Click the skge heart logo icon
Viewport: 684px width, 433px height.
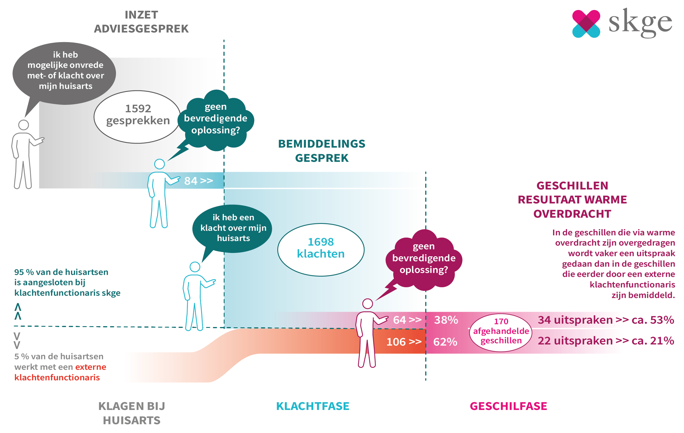pyautogui.click(x=586, y=24)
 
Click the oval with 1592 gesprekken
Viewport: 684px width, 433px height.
pyautogui.click(x=137, y=117)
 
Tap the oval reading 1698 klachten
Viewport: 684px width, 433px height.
pyautogui.click(x=321, y=250)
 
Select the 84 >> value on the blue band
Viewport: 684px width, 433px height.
pyautogui.click(x=198, y=181)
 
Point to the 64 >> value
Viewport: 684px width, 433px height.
pyautogui.click(x=407, y=320)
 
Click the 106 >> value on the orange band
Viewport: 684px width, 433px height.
pyautogui.click(x=404, y=342)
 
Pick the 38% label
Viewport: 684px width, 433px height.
pyautogui.click(x=446, y=320)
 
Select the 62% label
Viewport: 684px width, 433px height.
pyautogui.click(x=445, y=342)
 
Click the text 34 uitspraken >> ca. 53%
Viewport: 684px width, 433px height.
pyautogui.click(x=606, y=320)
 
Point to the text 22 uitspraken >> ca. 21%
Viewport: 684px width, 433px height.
pyautogui.click(x=606, y=341)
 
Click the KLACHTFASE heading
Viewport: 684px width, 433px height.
pyautogui.click(x=313, y=406)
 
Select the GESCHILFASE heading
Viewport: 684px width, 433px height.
pyautogui.click(x=508, y=406)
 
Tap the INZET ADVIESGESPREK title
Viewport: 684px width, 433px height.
pyautogui.click(x=141, y=22)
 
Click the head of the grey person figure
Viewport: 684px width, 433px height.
pyautogui.click(x=23, y=125)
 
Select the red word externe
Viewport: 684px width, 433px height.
pyautogui.click(x=91, y=367)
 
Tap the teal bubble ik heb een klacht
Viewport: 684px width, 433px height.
pyautogui.click(x=233, y=228)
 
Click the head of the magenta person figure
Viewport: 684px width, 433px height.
pyautogui.click(x=367, y=304)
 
